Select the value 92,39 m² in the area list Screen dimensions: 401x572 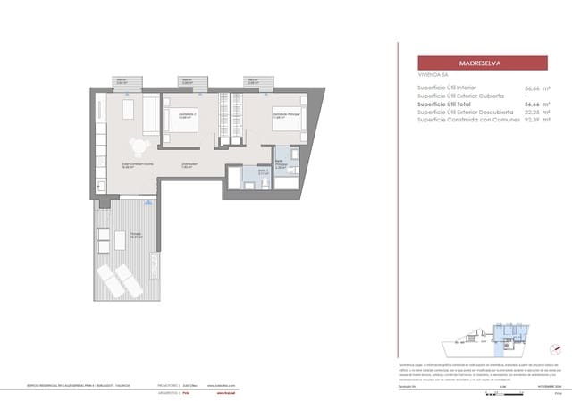pos(535,119)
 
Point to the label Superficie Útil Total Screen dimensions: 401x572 pos(453,104)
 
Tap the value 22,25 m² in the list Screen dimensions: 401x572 pos(535,111)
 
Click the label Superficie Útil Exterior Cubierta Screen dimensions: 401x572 pos(466,96)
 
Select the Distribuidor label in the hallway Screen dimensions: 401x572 pos(190,163)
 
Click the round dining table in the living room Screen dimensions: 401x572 pos(139,146)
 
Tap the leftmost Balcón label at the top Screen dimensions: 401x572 pos(122,81)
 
